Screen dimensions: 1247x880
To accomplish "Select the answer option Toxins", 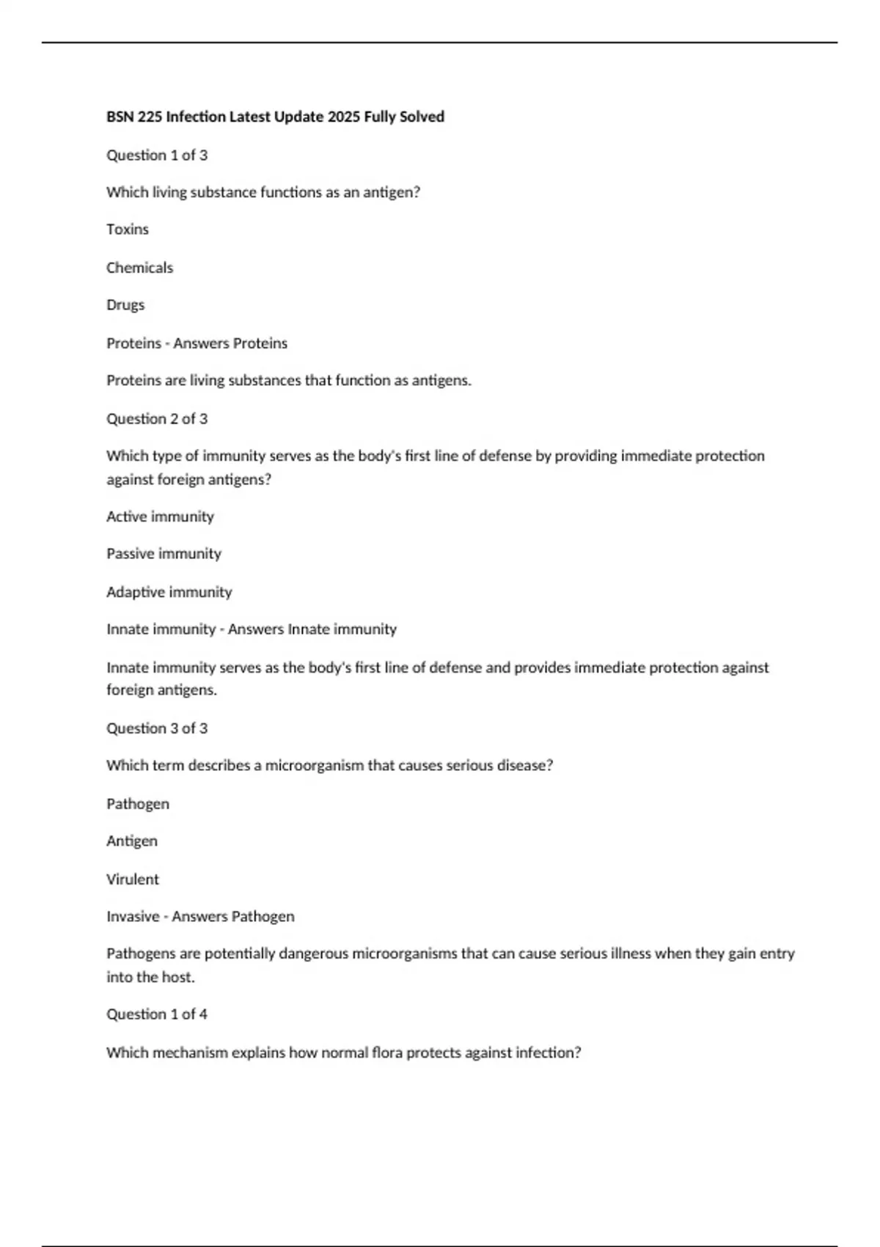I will (x=128, y=230).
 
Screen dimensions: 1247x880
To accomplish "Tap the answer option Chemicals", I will (x=139, y=268).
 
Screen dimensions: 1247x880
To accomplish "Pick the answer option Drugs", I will (x=125, y=305).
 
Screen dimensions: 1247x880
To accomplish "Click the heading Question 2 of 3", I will (x=157, y=419).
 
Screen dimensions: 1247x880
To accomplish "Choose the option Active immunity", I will (x=160, y=516).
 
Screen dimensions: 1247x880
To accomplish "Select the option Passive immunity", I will (x=164, y=554).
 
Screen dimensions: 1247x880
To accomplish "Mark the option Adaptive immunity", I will (x=169, y=592).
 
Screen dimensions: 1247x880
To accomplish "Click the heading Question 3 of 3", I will (x=157, y=728).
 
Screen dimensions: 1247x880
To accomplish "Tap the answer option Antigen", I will (x=132, y=841).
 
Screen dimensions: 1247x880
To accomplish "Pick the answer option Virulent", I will (x=133, y=880).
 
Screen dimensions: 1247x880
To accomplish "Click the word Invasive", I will (x=133, y=917).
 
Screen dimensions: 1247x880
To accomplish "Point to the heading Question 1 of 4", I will (x=157, y=1014).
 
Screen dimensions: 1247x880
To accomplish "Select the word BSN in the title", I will (x=120, y=117).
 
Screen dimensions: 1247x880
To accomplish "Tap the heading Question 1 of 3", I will (x=157, y=156).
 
